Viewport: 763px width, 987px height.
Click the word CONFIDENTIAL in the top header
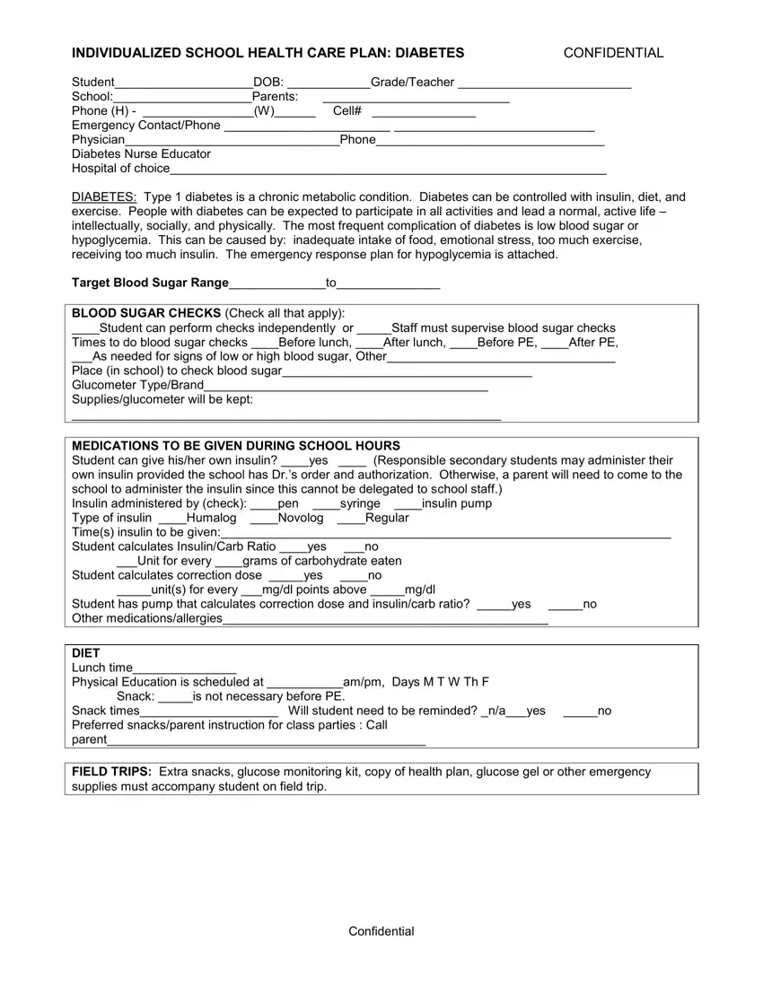click(613, 53)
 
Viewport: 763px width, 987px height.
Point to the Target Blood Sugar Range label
click(150, 284)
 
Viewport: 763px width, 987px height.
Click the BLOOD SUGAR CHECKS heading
click(146, 313)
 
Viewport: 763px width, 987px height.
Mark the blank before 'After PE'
click(555, 344)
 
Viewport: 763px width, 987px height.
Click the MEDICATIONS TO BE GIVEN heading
click(236, 446)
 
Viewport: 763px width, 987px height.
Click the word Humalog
click(212, 519)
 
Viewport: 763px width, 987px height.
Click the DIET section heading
click(86, 653)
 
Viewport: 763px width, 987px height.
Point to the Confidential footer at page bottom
click(381, 931)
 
